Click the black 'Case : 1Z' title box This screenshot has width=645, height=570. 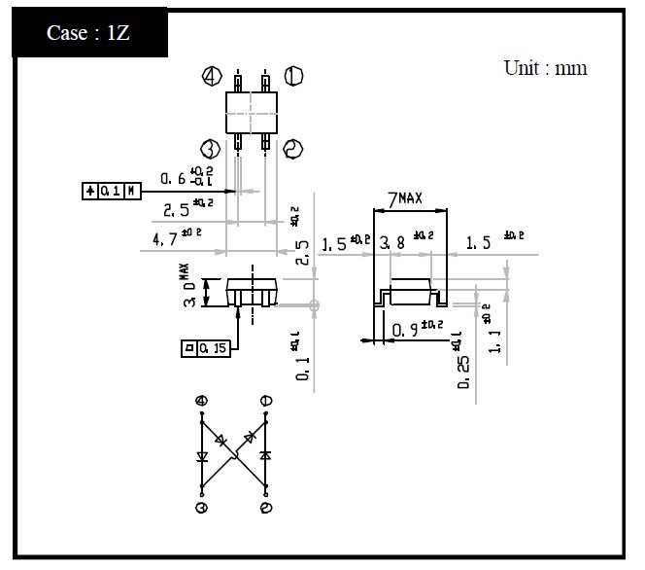86,31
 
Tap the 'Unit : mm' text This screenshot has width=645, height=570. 545,68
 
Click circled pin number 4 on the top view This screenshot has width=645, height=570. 210,77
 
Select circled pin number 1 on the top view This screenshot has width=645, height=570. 293,76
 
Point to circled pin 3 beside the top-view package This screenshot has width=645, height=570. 210,148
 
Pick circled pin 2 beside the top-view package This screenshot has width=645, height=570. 293,148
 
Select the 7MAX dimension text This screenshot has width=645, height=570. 404,199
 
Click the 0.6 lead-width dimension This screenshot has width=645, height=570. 173,178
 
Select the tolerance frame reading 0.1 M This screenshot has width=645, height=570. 111,192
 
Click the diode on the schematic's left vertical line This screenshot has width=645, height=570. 202,454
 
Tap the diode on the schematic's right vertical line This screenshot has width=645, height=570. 266,454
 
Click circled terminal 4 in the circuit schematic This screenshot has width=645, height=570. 202,401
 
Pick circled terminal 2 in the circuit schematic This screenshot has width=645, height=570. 266,508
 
